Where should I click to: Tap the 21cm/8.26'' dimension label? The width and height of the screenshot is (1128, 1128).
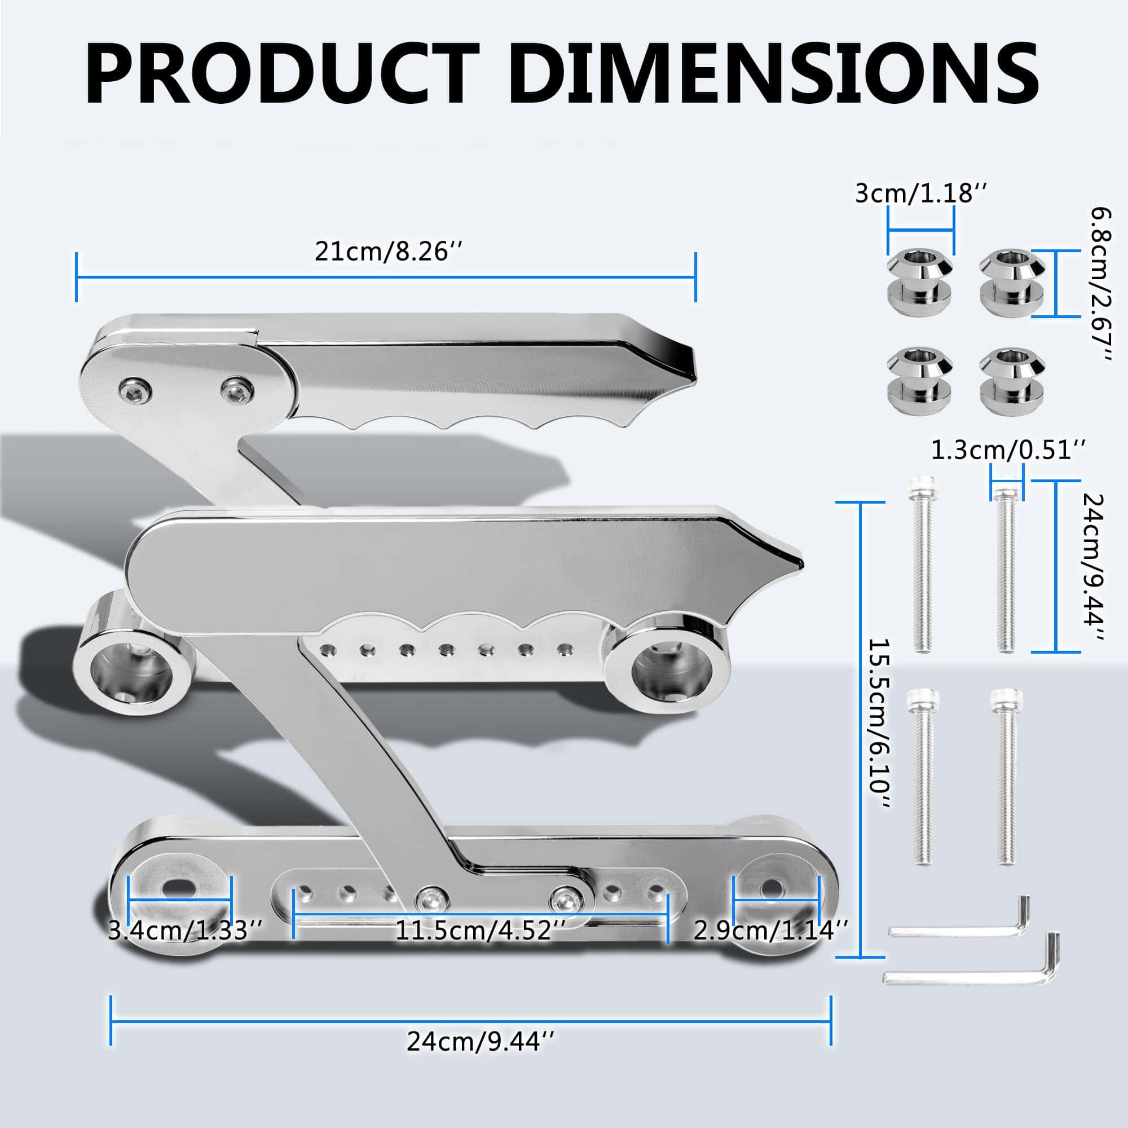389,252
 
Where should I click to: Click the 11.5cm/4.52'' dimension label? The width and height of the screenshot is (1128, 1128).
481,931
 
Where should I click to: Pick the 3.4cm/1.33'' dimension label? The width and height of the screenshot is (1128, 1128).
186,931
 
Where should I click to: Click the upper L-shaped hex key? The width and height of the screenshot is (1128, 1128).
963,926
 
